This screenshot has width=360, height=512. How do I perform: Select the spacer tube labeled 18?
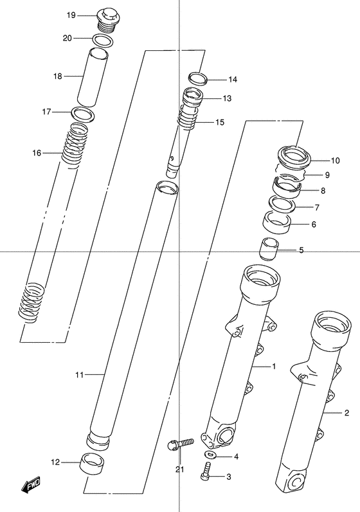click(93, 77)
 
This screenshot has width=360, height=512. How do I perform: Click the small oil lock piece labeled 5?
click(268, 249)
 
